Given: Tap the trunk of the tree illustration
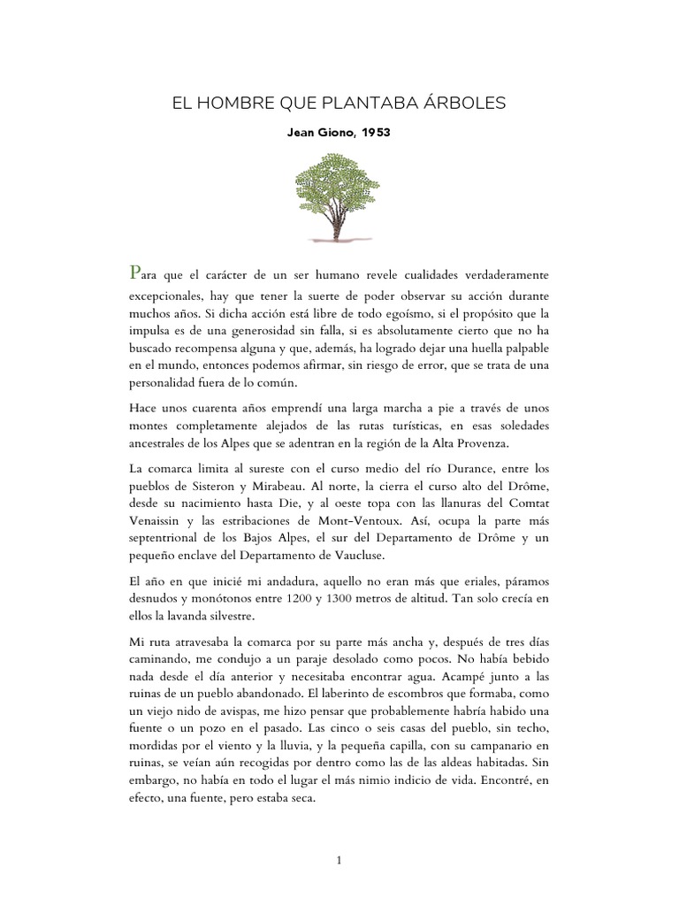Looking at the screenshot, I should (337, 226).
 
